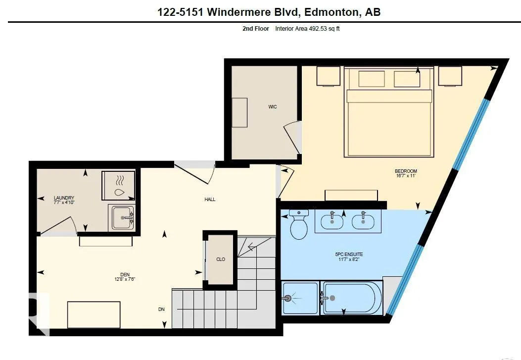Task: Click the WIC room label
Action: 273,106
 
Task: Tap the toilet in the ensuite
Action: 298,224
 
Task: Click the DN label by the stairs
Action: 161,309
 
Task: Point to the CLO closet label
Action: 221,259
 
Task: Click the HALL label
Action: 210,200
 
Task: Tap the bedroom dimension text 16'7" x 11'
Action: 406,176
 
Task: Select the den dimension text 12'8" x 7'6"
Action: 125,279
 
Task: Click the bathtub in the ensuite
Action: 352,298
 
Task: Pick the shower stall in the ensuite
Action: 300,298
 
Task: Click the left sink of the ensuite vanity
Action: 332,221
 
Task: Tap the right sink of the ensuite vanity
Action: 363,221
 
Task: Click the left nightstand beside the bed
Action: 328,76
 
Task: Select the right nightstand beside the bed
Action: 450,76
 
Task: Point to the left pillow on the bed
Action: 372,79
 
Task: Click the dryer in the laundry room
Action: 119,186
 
